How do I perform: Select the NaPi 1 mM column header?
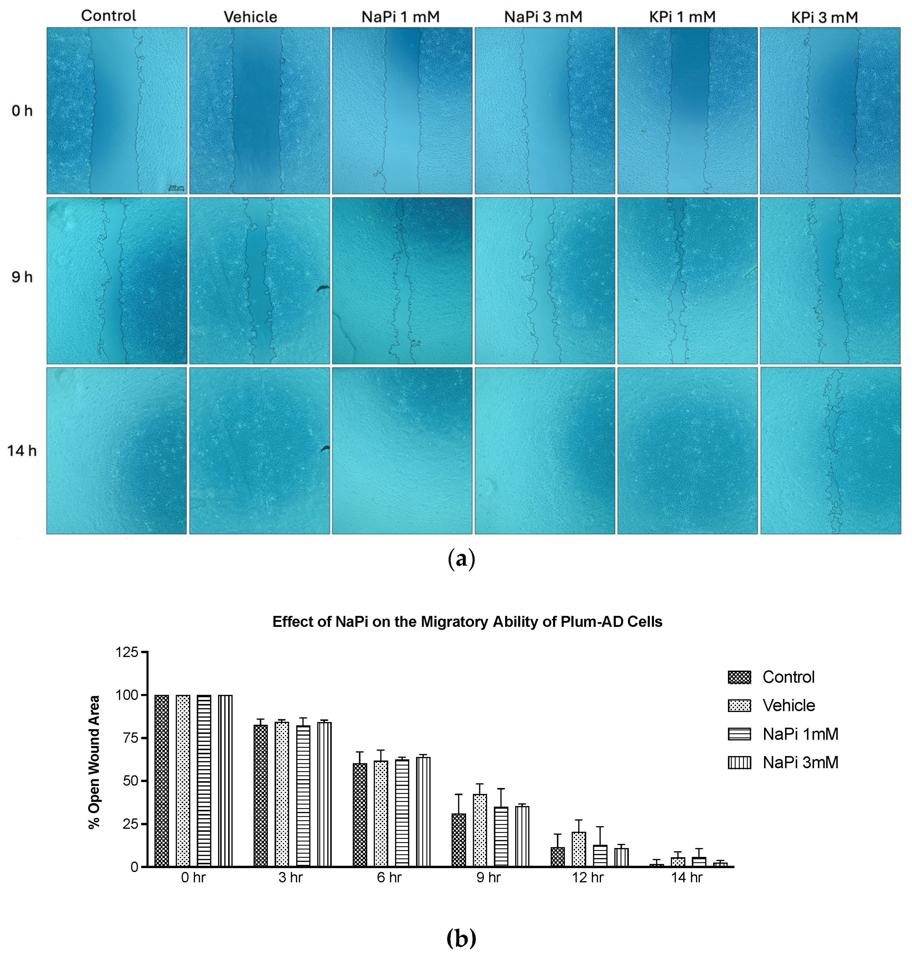click(400, 17)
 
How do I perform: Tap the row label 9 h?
click(22, 277)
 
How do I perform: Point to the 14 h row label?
click(22, 450)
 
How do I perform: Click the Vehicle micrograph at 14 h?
click(259, 450)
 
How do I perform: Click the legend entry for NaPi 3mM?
click(800, 762)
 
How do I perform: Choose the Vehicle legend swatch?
click(739, 705)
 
